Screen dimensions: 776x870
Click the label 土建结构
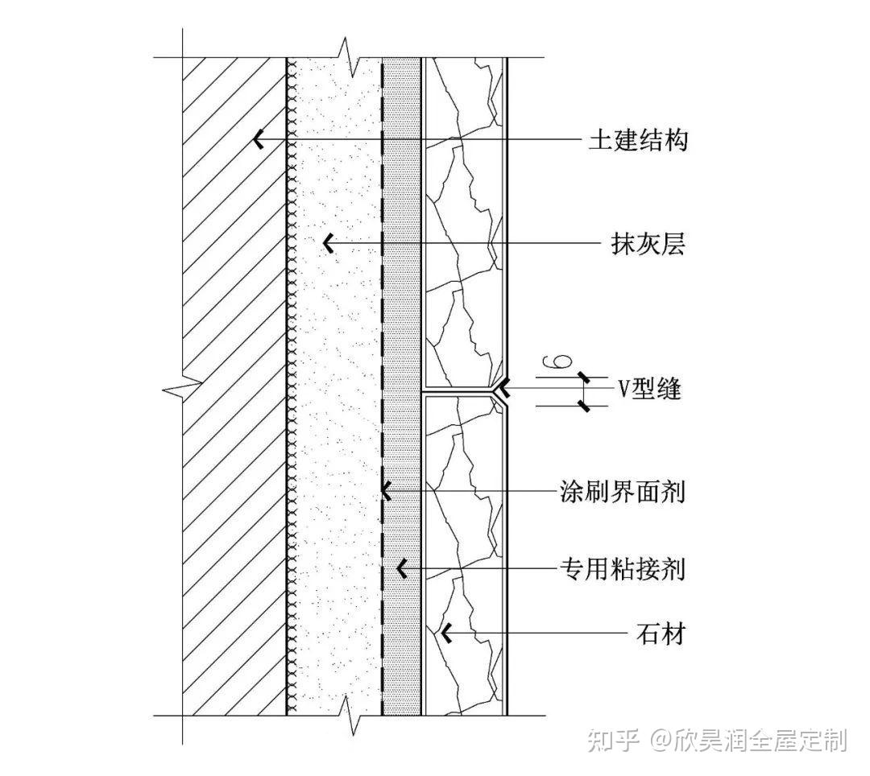[x=637, y=141]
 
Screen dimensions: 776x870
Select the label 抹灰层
[x=647, y=244]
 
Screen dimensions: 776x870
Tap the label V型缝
[x=649, y=390]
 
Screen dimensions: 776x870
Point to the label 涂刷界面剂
[x=622, y=490]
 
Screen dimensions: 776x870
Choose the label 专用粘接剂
[x=622, y=570]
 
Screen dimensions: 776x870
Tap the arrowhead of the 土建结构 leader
[x=258, y=139]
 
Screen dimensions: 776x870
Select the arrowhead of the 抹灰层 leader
[x=327, y=242]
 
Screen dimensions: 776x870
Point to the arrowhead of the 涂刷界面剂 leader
[x=387, y=489]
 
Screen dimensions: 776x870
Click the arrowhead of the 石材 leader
[x=445, y=634]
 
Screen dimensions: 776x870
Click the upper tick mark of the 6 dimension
[x=584, y=378]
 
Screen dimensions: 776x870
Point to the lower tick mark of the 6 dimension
[x=584, y=406]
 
